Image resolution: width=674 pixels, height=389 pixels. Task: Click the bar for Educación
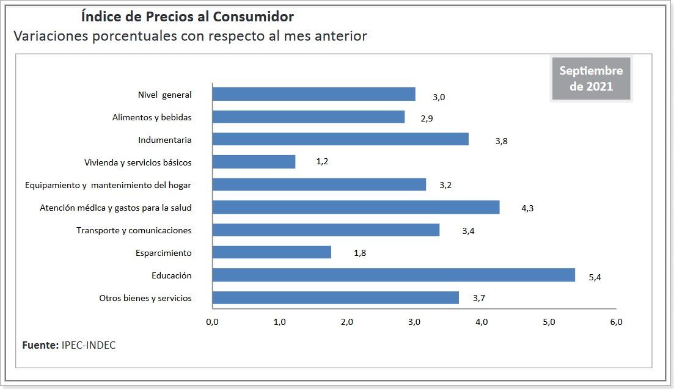[x=394, y=275]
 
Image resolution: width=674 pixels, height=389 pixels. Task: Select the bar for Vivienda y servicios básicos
[x=254, y=162]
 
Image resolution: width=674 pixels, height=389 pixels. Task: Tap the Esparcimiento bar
[x=271, y=252]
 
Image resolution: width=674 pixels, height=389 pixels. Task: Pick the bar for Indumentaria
[x=340, y=139]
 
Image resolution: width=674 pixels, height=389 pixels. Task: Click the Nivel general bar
[x=313, y=94]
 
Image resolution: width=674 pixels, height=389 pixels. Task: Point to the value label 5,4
[x=595, y=277]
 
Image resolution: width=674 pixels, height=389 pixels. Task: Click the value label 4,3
[x=527, y=208]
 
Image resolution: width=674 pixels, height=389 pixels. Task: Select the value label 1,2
[x=323, y=162]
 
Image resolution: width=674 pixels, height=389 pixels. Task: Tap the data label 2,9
[x=427, y=118]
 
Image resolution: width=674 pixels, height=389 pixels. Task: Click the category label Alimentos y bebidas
[x=152, y=117]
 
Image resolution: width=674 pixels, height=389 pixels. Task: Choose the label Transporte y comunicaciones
[x=134, y=230]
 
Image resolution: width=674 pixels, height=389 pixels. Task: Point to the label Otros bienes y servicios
[x=145, y=298]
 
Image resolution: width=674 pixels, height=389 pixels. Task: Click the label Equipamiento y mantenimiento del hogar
[x=108, y=185]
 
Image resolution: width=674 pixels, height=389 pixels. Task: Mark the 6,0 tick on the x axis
[x=615, y=322]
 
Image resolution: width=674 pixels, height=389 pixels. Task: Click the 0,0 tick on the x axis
[x=212, y=322]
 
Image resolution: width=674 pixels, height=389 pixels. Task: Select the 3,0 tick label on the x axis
[x=414, y=322]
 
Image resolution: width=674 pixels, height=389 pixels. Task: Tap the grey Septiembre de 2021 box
[x=590, y=79]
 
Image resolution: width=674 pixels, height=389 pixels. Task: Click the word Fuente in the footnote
[x=40, y=345]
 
